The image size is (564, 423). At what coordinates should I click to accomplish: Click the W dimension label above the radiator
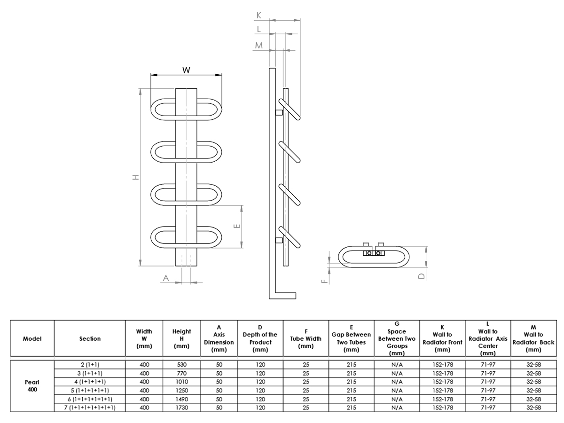pos(186,70)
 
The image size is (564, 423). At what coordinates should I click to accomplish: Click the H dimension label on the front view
pos(135,177)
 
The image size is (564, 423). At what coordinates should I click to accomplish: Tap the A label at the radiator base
pos(165,278)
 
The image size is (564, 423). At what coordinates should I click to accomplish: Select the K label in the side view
pos(258,16)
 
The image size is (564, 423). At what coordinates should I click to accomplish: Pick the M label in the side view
pos(258,45)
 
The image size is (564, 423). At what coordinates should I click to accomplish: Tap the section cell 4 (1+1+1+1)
pos(89,382)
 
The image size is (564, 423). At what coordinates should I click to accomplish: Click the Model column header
pos(32,338)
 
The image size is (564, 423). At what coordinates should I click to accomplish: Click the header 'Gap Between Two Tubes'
pos(351,338)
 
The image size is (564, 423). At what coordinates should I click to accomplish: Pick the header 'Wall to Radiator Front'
pos(442,338)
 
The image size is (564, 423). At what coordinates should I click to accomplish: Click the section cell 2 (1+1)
pos(89,364)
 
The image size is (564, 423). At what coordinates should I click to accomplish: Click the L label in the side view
pos(259,29)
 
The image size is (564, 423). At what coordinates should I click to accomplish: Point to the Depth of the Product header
pos(260,338)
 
